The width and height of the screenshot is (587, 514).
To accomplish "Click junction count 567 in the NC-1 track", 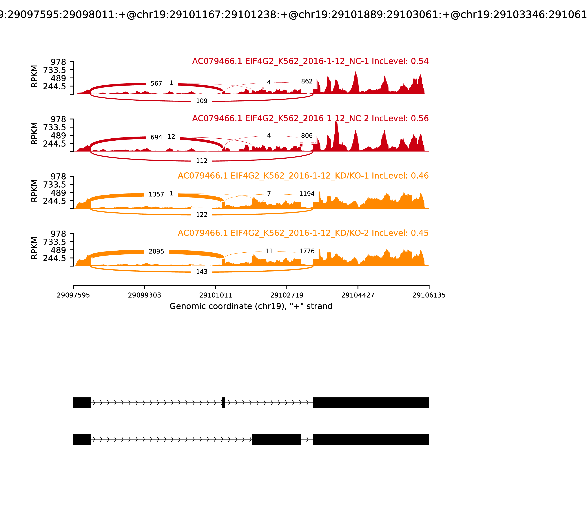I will click(x=156, y=84).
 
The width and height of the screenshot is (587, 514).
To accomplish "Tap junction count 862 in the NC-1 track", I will click(x=307, y=82).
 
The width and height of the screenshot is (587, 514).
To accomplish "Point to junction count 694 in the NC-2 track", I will click(x=156, y=137).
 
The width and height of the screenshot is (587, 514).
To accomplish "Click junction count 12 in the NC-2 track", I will click(x=171, y=137).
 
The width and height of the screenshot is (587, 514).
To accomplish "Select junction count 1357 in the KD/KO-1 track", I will click(x=156, y=194).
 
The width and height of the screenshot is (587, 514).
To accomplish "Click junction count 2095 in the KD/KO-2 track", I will click(x=156, y=251).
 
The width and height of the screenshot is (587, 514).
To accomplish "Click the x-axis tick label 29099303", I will click(x=145, y=295).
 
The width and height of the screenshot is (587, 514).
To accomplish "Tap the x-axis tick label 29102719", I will click(x=287, y=295).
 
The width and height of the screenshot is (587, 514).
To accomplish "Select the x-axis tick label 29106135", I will click(x=429, y=295).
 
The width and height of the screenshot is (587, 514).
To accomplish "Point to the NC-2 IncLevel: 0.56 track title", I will click(x=310, y=118).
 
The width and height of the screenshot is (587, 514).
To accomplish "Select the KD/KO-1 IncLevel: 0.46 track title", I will click(x=303, y=176).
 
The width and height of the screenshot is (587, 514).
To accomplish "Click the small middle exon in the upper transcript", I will click(x=224, y=403).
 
